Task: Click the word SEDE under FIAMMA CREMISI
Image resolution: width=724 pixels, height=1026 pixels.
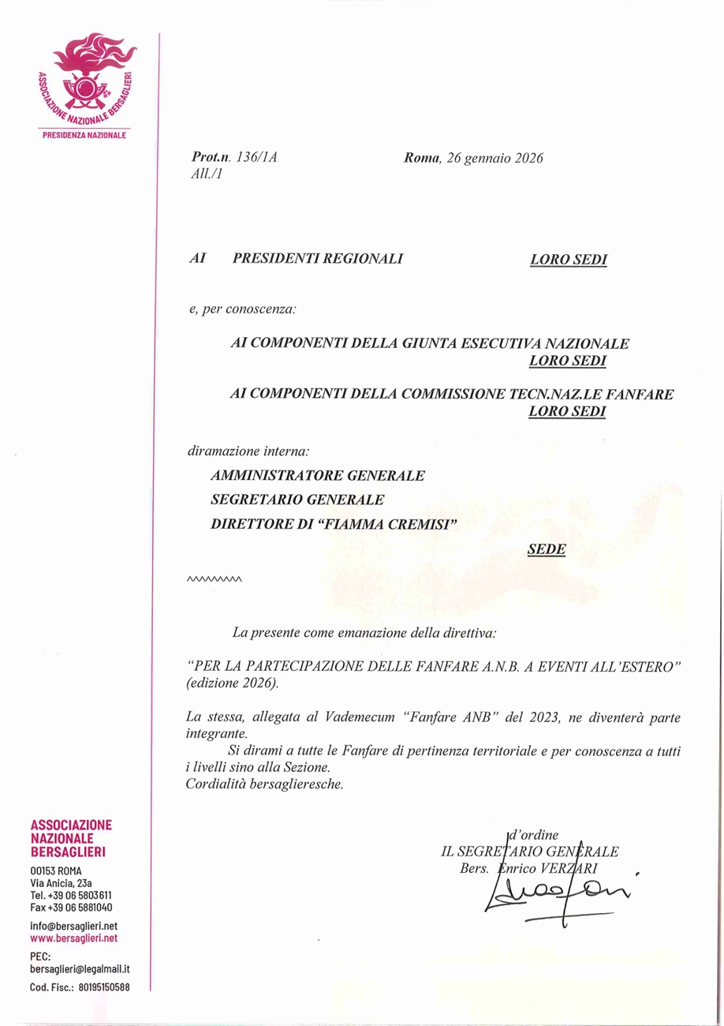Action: coord(547,550)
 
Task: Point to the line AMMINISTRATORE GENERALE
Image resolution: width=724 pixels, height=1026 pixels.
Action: coord(318,476)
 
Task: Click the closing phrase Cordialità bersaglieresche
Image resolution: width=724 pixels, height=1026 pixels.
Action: coord(265,784)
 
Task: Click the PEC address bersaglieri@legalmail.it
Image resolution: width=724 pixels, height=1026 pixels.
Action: coord(80,968)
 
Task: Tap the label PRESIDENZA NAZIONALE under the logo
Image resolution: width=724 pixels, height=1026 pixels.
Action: coord(84,135)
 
